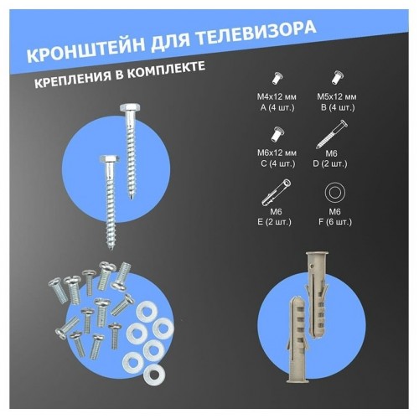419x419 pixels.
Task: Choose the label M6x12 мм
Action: [272, 153]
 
